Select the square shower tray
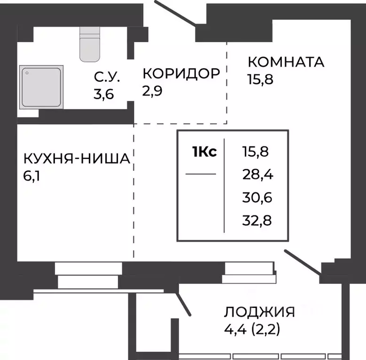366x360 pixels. pyautogui.click(x=41, y=87)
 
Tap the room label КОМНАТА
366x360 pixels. pyautogui.click(x=286, y=61)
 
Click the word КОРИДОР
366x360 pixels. pyautogui.click(x=181, y=73)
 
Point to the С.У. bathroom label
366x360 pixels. pyautogui.click(x=107, y=76)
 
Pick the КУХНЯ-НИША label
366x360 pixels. pyautogui.click(x=77, y=160)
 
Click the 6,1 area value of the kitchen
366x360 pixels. pyautogui.click(x=31, y=177)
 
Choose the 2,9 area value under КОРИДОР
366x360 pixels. pyautogui.click(x=152, y=90)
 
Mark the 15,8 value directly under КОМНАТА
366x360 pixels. pyautogui.click(x=260, y=78)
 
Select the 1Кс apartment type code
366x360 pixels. pyautogui.click(x=204, y=152)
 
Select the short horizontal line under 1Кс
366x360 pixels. pyautogui.click(x=201, y=174)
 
